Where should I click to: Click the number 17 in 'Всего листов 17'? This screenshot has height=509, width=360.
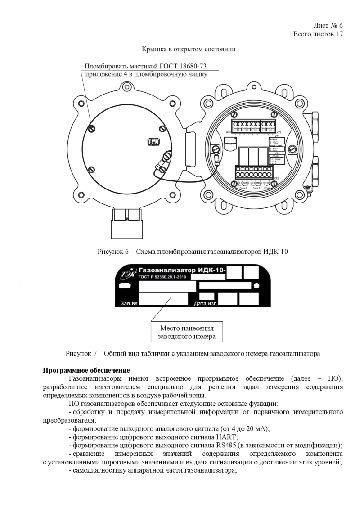[339, 34]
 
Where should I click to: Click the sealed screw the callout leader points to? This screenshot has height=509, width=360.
[91, 129]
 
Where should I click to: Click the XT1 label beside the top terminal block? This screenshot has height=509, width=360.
[277, 135]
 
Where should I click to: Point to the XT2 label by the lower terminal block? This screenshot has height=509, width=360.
[276, 179]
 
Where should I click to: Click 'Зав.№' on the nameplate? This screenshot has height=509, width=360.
[129, 304]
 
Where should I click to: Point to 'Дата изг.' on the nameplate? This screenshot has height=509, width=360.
[206, 304]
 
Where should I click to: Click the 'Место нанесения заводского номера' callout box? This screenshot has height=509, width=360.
[187, 332]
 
